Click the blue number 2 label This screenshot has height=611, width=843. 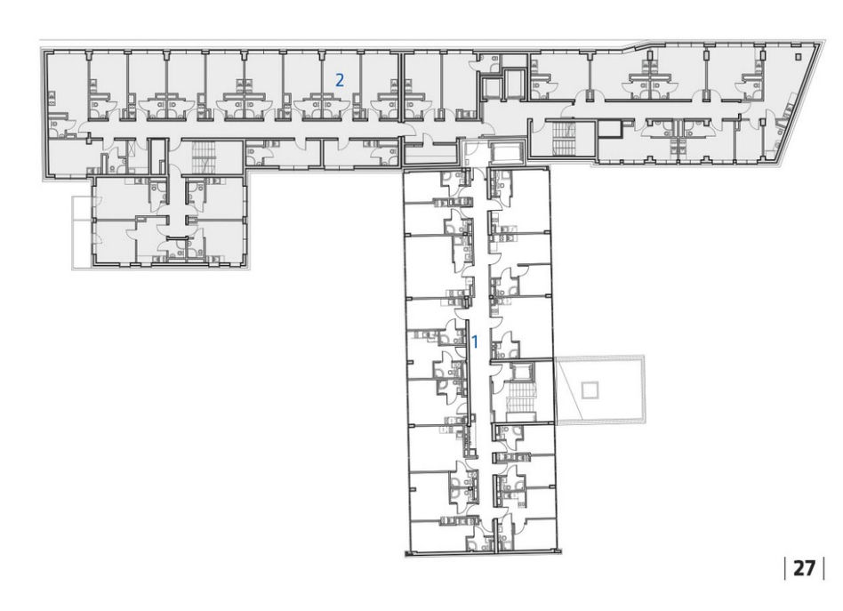pos(339,80)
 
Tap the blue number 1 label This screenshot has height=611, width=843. pos(475,341)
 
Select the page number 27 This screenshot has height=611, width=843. pos(804,568)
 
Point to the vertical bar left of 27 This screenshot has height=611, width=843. pos(785,568)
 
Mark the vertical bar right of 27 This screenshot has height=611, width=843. pos(823,568)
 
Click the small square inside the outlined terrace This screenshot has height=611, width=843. pos(590,390)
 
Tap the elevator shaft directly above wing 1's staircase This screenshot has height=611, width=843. pos(520,371)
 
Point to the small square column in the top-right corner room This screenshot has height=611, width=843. pos(798,56)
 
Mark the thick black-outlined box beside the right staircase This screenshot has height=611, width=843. pos(610,129)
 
